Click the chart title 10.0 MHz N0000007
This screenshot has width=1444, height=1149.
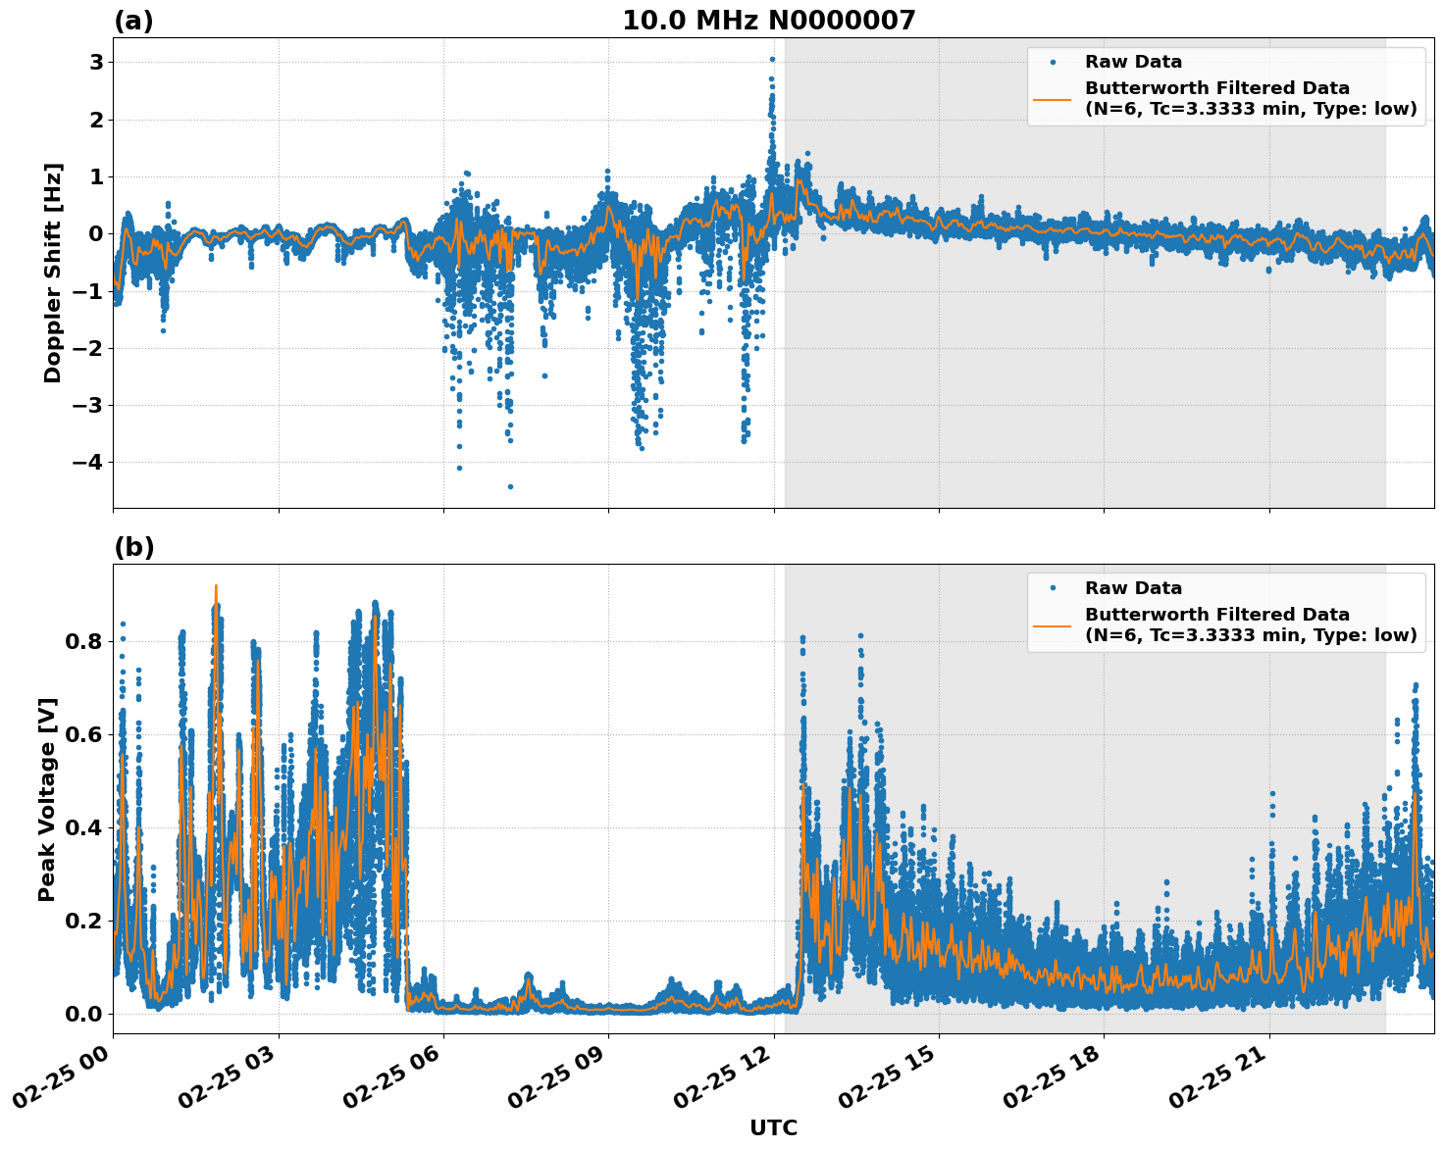point(768,21)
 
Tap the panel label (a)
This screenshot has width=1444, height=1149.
point(133,21)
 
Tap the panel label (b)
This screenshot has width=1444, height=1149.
point(133,547)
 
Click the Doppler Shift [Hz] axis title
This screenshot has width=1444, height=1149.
point(53,273)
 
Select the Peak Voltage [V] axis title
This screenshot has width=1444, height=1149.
point(47,799)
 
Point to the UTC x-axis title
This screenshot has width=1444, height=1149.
point(773,1127)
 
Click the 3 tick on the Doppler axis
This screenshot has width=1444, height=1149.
point(96,63)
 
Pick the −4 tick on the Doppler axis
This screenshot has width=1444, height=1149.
point(87,462)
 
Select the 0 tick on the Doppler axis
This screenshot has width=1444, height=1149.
point(96,233)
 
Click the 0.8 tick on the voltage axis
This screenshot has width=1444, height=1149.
point(82,641)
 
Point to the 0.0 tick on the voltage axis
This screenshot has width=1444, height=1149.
point(82,1014)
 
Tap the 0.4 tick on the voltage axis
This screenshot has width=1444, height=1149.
point(82,827)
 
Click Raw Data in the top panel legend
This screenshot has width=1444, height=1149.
point(1133,63)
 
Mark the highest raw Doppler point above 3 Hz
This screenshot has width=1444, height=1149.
point(772,59)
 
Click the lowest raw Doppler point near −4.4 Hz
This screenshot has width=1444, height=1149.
point(510,486)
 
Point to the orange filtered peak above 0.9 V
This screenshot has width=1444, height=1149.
point(216,586)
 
